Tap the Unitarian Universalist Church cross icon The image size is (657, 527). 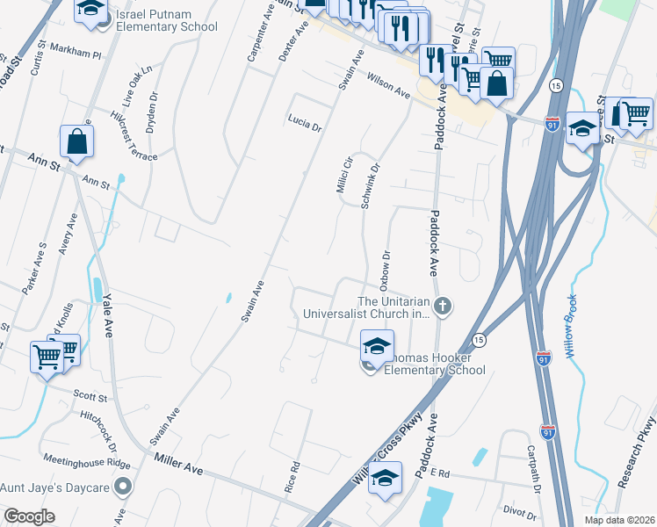click(x=444, y=306)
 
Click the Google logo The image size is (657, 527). click(x=29, y=516)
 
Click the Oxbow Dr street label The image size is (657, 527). click(x=385, y=266)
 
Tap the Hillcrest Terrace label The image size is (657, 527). click(x=134, y=137)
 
